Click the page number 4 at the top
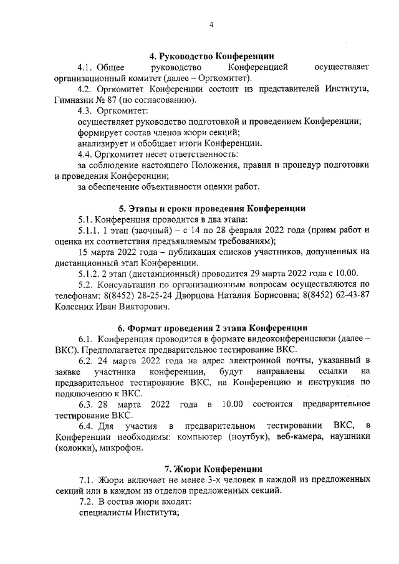(x=211, y=25)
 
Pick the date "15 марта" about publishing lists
(x=98, y=252)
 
